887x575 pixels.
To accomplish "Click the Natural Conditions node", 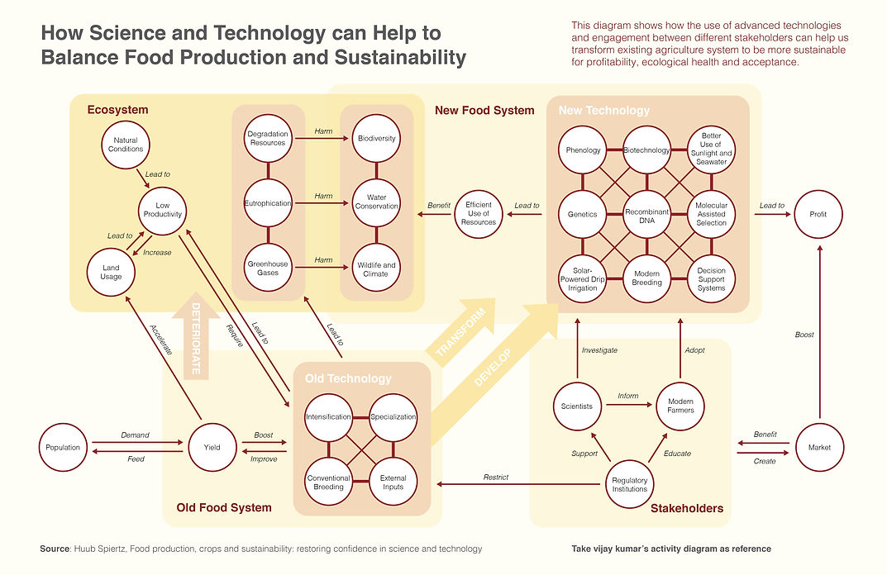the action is click(126, 145).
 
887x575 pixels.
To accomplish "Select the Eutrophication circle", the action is click(268, 203).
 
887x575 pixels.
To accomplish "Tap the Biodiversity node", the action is click(376, 139).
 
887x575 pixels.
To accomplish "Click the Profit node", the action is click(818, 214).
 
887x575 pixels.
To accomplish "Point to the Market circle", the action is click(819, 447).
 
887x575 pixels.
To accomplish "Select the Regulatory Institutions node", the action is click(630, 485).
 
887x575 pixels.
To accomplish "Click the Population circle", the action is click(63, 447).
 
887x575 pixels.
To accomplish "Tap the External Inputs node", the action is click(393, 482).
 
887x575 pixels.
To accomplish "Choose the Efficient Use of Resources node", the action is click(479, 214).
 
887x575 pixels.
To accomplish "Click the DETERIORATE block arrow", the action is click(196, 336).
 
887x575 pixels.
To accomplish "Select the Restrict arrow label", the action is click(495, 478).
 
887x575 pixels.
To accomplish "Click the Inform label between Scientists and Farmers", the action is click(628, 396).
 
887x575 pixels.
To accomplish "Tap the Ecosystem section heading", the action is click(117, 110).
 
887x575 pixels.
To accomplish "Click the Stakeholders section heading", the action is click(687, 508).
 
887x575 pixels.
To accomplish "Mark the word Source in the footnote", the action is click(55, 549).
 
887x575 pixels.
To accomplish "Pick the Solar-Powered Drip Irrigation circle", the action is click(583, 279).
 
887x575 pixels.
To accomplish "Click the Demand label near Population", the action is click(136, 435).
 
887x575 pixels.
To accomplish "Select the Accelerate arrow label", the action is click(160, 340).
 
